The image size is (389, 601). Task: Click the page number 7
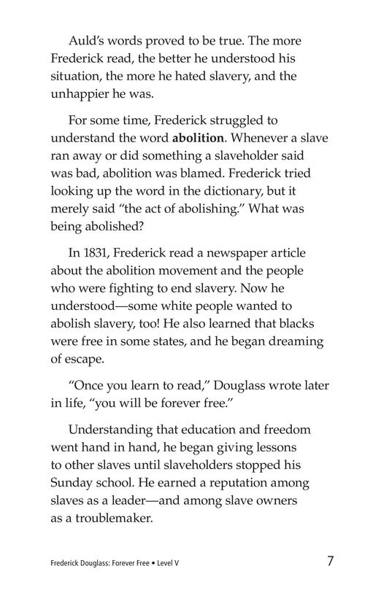click(x=331, y=562)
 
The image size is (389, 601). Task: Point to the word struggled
click(x=235, y=119)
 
